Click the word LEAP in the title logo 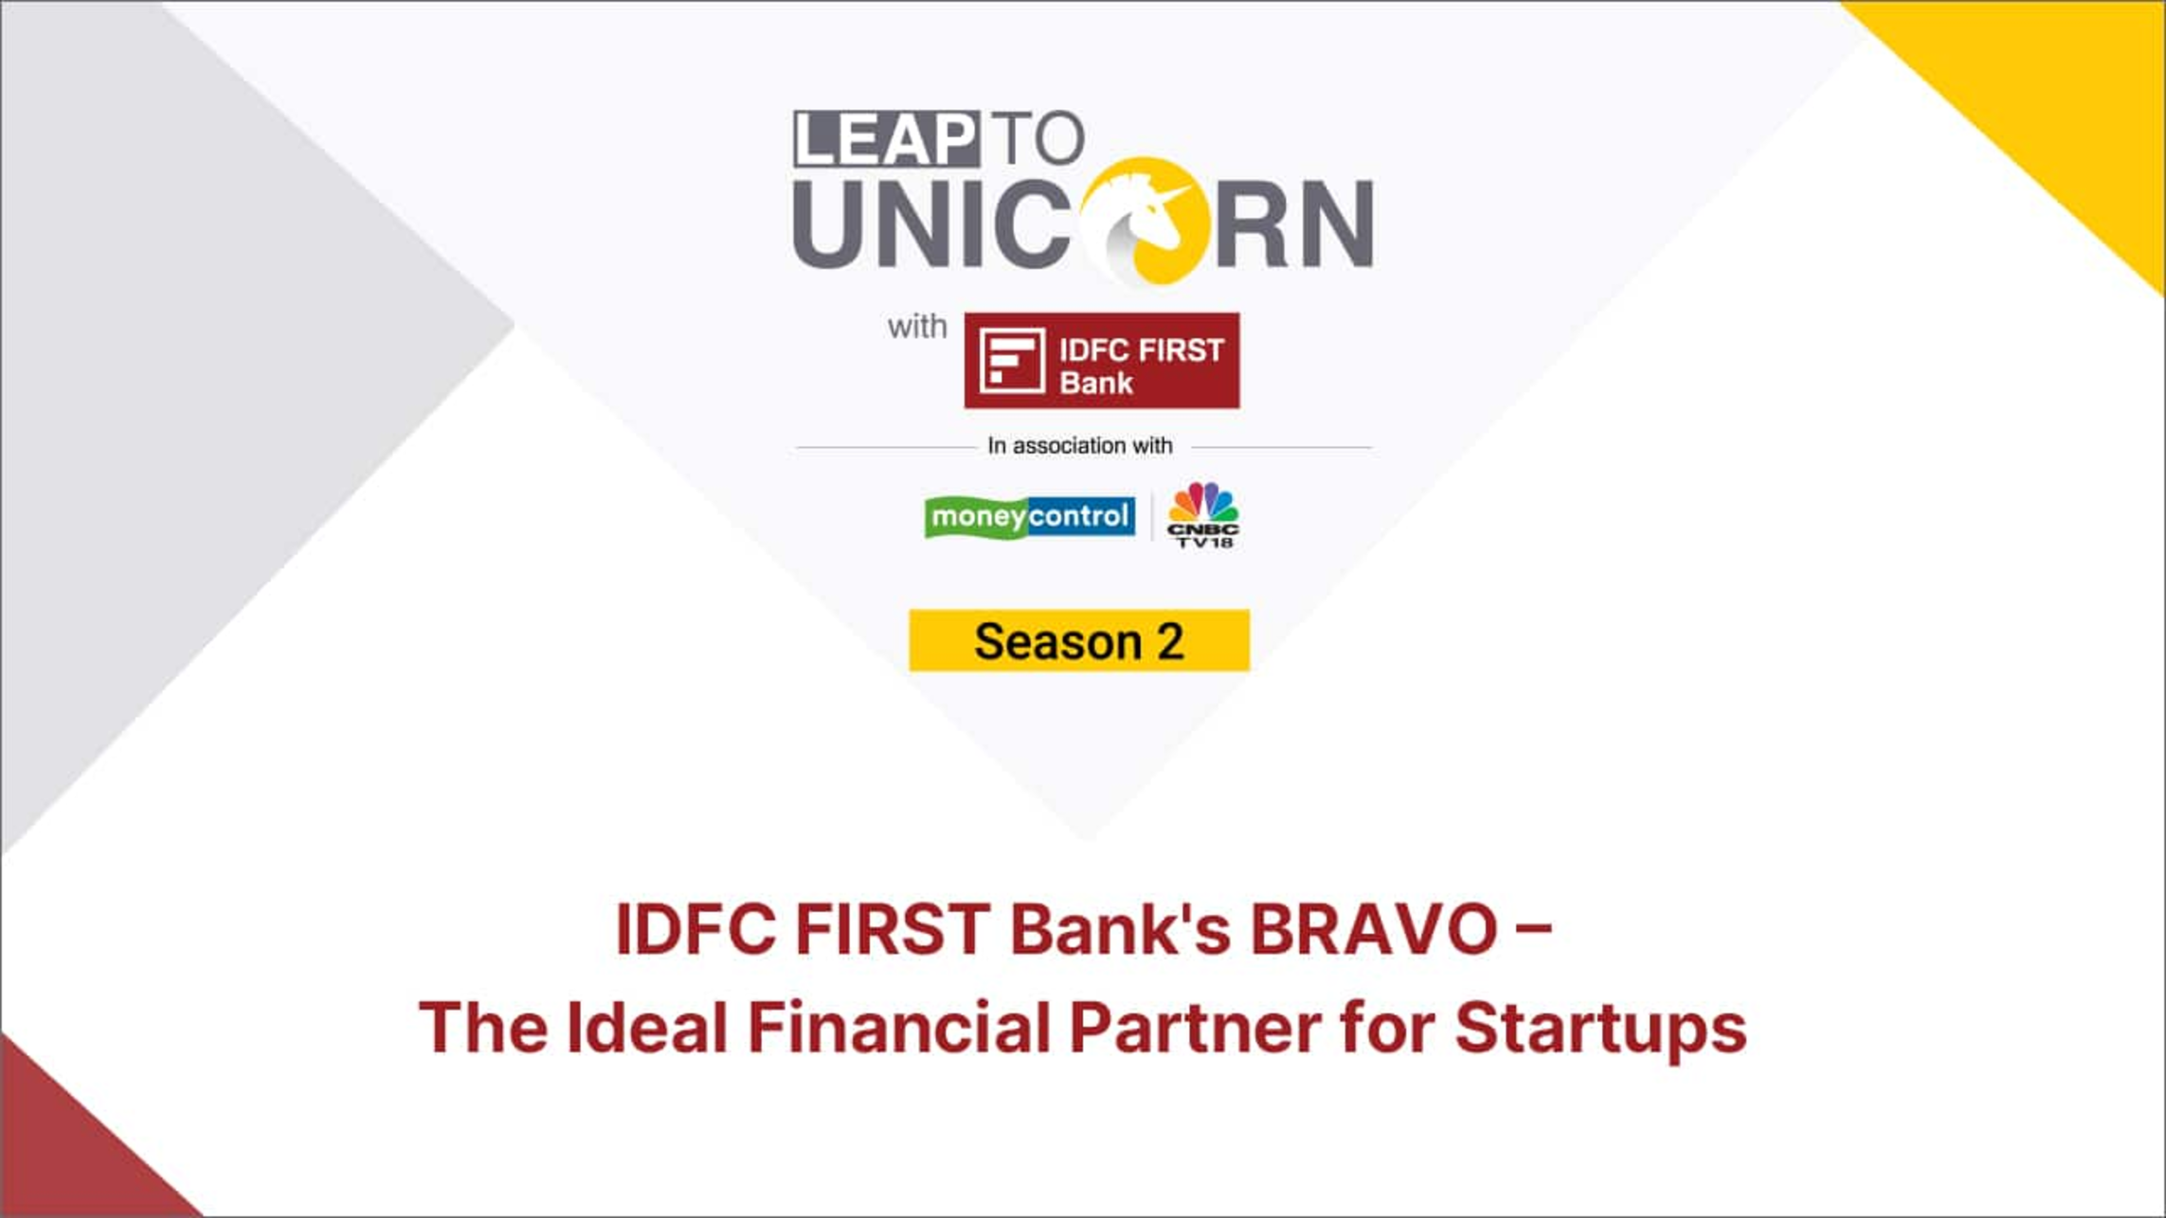pyautogui.click(x=886, y=139)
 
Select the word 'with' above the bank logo pyautogui.click(x=916, y=326)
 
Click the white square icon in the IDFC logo pyautogui.click(x=1012, y=360)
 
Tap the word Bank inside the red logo pyautogui.click(x=1096, y=383)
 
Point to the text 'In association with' pyautogui.click(x=1080, y=445)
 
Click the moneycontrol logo pyautogui.click(x=1030, y=517)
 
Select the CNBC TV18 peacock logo pyautogui.click(x=1202, y=515)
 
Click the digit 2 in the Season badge pyautogui.click(x=1170, y=642)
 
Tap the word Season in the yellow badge pyautogui.click(x=1058, y=642)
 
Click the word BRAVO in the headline pyautogui.click(x=1374, y=929)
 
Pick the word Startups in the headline pyautogui.click(x=1600, y=1028)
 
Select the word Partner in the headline pyautogui.click(x=1195, y=1028)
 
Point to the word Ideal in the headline pyautogui.click(x=647, y=1028)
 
